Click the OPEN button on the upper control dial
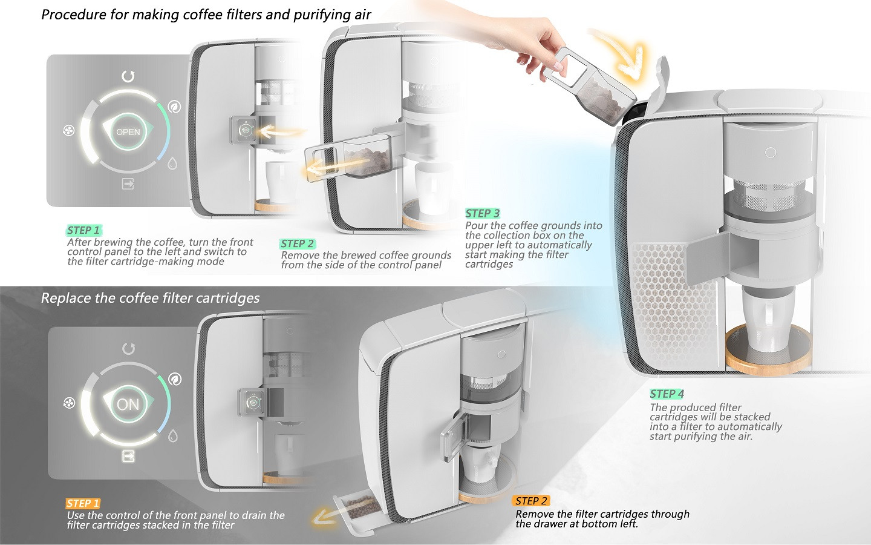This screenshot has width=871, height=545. click(128, 131)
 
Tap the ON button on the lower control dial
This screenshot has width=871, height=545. click(128, 404)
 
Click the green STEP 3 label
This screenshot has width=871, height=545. click(483, 213)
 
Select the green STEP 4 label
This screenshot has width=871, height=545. click(667, 394)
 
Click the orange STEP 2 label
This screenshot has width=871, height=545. click(531, 501)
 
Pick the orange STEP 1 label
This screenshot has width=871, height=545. click(83, 503)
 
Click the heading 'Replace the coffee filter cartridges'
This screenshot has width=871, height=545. click(150, 298)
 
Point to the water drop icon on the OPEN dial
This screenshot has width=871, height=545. click(172, 163)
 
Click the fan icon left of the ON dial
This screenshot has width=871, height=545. click(69, 403)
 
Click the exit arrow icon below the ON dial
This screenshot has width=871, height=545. click(128, 456)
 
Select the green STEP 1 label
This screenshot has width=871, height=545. click(83, 230)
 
